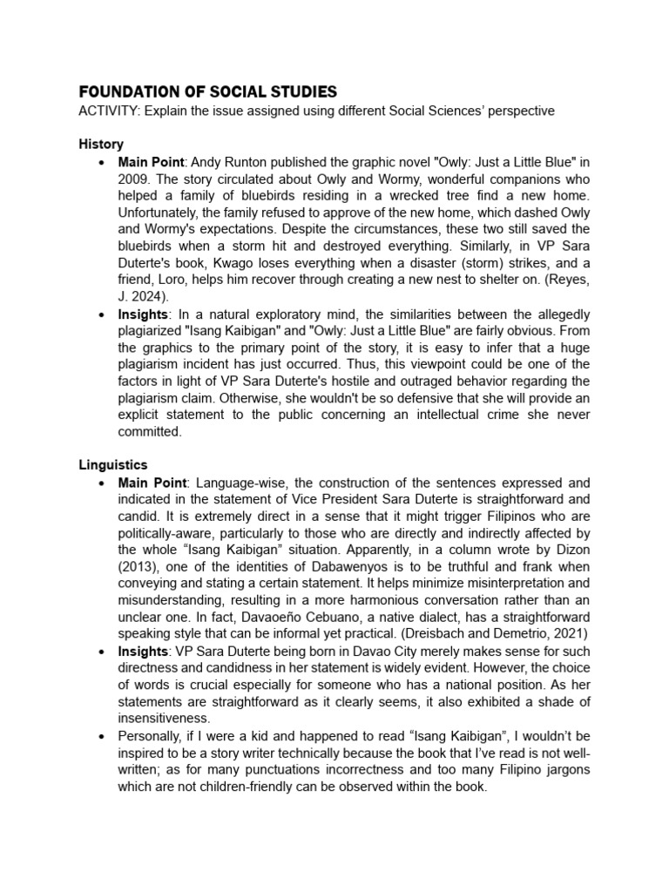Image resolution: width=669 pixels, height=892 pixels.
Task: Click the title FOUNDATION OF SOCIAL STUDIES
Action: tap(207, 92)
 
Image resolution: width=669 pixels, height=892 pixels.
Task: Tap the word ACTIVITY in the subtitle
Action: tap(108, 111)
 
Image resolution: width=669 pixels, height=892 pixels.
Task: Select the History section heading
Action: tap(101, 144)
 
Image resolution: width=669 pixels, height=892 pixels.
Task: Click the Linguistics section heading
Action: tap(113, 465)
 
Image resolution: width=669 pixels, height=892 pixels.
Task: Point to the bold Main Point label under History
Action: tap(152, 161)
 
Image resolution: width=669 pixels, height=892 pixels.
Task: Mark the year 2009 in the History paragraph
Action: tap(134, 178)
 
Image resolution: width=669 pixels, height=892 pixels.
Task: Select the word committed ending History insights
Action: tap(150, 431)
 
